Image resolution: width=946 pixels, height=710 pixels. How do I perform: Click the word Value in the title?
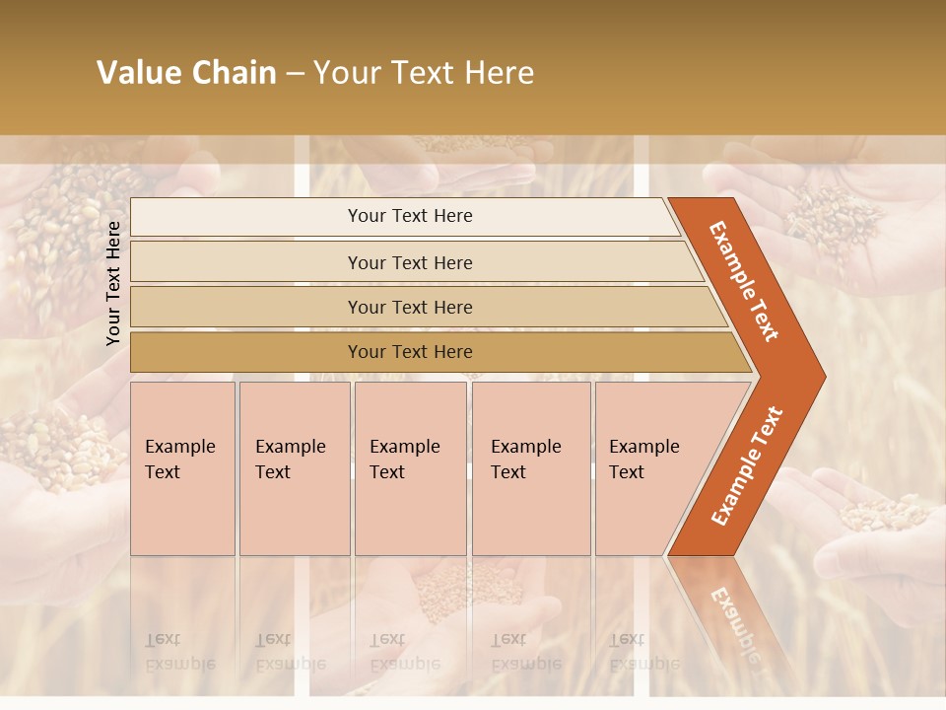pos(137,73)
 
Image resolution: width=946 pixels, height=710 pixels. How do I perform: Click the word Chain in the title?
pos(235,73)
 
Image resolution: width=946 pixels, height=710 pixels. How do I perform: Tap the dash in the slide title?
pos(295,74)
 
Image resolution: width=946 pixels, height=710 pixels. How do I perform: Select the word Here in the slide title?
pos(499,73)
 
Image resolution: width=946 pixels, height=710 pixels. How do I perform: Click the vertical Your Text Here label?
pos(113,283)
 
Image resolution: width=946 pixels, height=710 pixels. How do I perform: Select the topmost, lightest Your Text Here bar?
pos(409,216)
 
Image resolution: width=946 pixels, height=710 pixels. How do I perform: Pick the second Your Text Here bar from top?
pos(409,262)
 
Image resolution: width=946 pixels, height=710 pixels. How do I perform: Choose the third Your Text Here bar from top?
pos(409,307)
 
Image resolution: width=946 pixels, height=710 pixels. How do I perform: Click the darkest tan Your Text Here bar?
pos(409,352)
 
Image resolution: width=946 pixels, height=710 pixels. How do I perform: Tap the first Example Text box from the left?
pos(182,468)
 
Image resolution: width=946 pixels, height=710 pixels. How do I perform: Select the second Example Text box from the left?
pos(294,468)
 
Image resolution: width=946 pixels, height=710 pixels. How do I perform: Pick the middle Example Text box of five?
pos(410,468)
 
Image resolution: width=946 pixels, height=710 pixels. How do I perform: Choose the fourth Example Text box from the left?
pos(530,468)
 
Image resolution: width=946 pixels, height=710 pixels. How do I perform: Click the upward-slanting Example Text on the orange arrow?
pos(746,466)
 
